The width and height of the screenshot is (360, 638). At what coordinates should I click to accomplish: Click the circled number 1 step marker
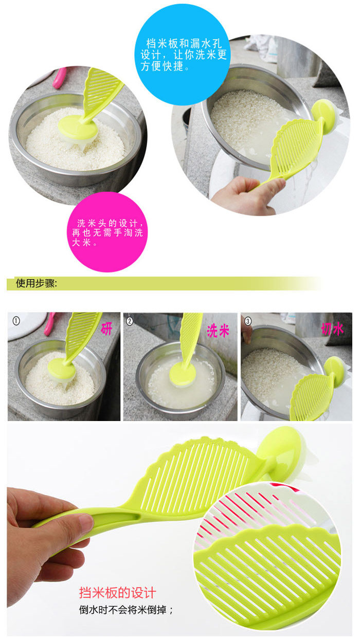[x=16, y=321]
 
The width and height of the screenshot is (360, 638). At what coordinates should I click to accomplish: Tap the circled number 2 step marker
[x=130, y=321]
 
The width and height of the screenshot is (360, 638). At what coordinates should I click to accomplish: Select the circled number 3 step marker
[x=248, y=321]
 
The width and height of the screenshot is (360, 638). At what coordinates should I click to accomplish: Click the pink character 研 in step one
[x=106, y=329]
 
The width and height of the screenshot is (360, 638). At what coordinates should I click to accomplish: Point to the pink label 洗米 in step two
[x=218, y=331]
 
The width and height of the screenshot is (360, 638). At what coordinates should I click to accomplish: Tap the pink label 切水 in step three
[x=332, y=329]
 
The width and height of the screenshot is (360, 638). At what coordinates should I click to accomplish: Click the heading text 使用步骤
[x=36, y=283]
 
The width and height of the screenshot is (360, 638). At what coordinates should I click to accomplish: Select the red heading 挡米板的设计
[x=117, y=593]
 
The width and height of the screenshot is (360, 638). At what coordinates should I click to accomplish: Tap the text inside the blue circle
[x=183, y=54]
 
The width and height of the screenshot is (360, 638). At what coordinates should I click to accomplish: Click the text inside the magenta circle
[x=107, y=233]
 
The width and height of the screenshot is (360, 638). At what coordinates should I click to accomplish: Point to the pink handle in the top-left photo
[x=59, y=78]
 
